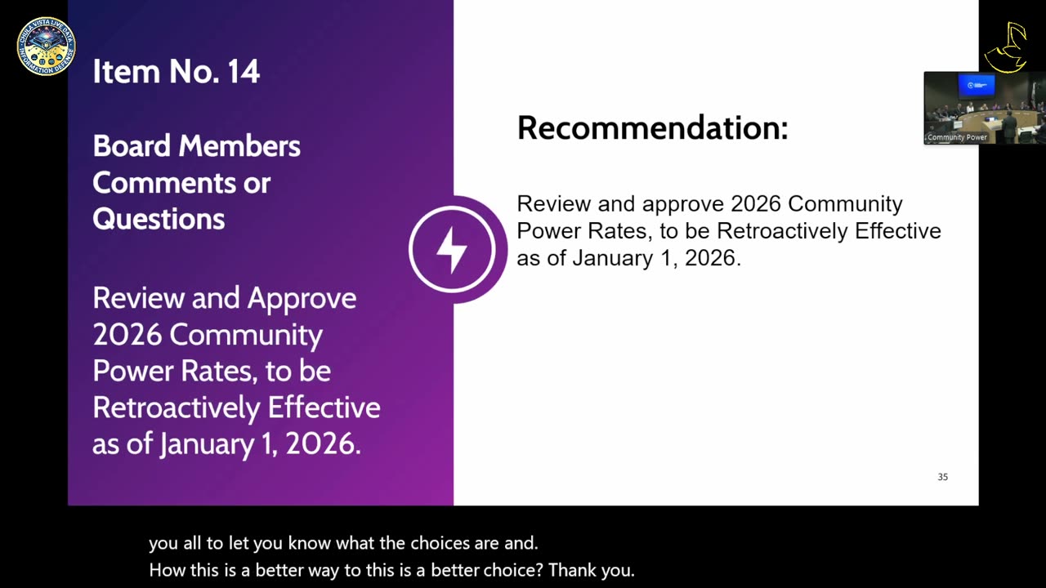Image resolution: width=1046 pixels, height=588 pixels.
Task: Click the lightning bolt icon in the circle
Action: (x=452, y=249)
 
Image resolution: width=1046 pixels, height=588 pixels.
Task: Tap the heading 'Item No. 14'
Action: (x=176, y=72)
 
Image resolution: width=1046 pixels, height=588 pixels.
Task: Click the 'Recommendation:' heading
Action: (x=652, y=128)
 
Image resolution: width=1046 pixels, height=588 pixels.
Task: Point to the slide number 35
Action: (x=942, y=477)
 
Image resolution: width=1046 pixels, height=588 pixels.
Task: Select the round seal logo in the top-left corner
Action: (x=46, y=47)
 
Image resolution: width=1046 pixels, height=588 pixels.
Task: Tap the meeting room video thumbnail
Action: (x=984, y=108)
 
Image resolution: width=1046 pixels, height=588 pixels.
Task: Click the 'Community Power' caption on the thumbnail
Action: (x=957, y=137)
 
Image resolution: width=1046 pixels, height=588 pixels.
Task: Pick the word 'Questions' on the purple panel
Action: (x=159, y=219)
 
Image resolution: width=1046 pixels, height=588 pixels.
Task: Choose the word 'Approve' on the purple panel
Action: (x=302, y=298)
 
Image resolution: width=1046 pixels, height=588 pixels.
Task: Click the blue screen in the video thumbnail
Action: (x=977, y=86)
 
